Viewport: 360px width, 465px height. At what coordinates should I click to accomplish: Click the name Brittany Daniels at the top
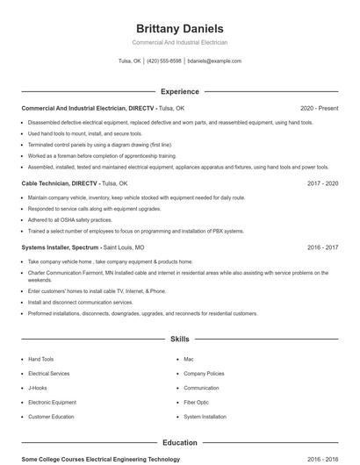point(179,28)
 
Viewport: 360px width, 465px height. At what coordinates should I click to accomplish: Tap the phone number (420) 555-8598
point(164,61)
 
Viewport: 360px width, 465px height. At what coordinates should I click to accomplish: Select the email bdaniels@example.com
point(214,61)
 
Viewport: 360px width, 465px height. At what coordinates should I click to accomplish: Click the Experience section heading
point(179,91)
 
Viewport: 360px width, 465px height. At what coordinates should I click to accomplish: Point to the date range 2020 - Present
point(319,108)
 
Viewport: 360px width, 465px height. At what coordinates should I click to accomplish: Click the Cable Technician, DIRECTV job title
point(59,183)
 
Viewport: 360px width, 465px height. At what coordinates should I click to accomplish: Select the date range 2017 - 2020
point(322,183)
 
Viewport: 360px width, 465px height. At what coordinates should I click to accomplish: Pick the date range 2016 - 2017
point(322,247)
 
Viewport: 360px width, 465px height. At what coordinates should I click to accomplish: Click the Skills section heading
point(179,338)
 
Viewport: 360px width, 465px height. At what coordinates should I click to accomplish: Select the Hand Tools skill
point(40,359)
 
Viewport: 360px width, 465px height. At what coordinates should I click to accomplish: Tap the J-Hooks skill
point(37,388)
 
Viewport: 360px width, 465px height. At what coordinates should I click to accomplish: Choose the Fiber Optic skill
point(196,402)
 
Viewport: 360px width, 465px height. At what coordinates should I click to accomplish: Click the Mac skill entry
point(188,359)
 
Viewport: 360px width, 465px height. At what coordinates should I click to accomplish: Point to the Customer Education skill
point(50,417)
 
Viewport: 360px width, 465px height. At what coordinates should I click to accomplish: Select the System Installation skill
point(205,417)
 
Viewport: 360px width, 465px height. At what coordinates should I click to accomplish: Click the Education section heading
point(179,443)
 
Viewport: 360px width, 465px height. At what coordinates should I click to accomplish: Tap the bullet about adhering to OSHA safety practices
point(69,220)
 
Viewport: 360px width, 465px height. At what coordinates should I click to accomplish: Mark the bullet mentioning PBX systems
point(135,231)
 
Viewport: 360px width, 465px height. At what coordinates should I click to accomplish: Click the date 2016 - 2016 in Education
point(322,459)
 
